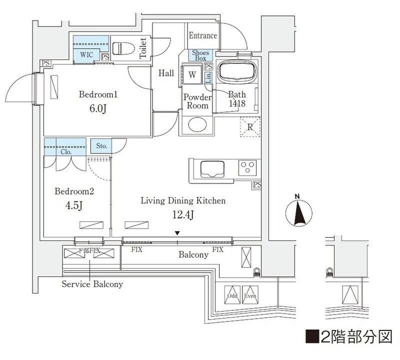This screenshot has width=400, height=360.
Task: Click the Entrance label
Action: coord(203,35)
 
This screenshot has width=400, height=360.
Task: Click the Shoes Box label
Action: coord(200,55)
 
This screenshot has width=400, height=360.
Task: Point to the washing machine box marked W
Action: coord(192,75)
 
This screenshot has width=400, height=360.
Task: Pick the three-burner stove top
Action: coord(247,167)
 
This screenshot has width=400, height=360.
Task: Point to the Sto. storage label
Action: coord(101,146)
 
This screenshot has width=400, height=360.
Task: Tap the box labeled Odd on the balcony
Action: coord(232,294)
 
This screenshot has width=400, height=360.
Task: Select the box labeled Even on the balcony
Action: coord(249,294)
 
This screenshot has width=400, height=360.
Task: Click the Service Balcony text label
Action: coord(92,284)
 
